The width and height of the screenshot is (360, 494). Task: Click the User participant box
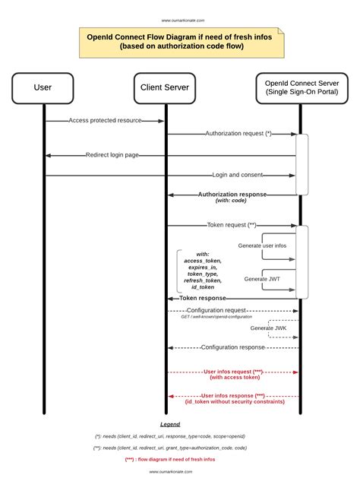pyautogui.click(x=43, y=87)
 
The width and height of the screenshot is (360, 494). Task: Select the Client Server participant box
pyautogui.click(x=165, y=87)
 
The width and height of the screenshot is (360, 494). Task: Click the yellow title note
pyautogui.click(x=182, y=43)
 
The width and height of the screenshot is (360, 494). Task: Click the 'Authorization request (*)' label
pyautogui.click(x=238, y=134)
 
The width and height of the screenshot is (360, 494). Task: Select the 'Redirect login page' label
pyautogui.click(x=112, y=155)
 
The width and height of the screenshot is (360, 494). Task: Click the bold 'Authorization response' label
pyautogui.click(x=232, y=195)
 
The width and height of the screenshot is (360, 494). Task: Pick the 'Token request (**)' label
pyautogui.click(x=231, y=225)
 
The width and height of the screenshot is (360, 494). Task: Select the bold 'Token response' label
pyautogui.click(x=204, y=298)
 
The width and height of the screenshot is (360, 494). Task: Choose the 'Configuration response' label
pyautogui.click(x=232, y=347)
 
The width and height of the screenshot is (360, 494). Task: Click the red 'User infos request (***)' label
pyautogui.click(x=233, y=372)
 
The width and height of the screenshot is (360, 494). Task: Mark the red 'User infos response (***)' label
pyautogui.click(x=233, y=396)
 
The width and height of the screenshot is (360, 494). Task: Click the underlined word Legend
pyautogui.click(x=170, y=423)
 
